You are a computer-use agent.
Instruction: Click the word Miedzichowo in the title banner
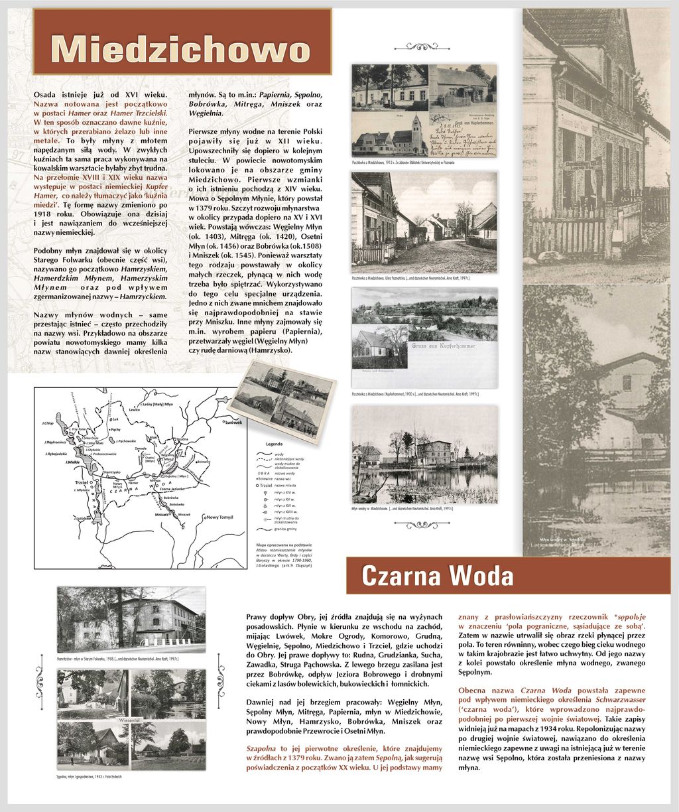181,48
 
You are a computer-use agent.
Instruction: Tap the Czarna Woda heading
437,575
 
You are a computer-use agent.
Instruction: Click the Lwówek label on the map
233,423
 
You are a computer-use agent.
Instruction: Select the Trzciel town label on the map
82,482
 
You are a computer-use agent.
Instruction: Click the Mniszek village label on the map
162,514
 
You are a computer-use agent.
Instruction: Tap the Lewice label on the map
135,409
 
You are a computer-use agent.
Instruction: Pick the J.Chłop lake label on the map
47,423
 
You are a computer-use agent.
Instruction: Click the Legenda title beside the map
275,444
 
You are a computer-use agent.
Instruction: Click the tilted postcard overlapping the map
282,397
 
